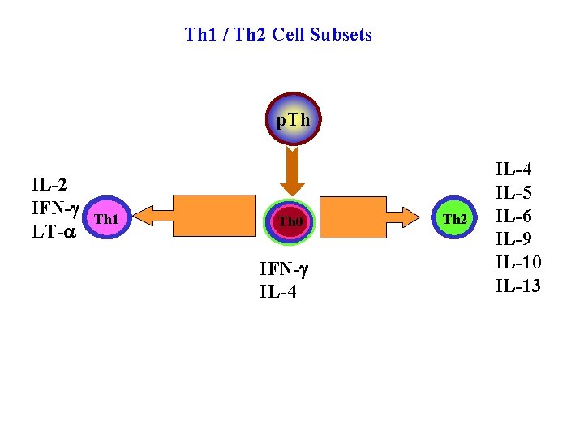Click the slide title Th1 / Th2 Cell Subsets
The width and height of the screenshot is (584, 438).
pyautogui.click(x=278, y=35)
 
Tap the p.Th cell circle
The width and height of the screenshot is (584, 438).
pyautogui.click(x=293, y=120)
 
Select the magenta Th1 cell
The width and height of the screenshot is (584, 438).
pyautogui.click(x=107, y=219)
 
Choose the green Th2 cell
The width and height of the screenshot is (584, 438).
pyautogui.click(x=455, y=219)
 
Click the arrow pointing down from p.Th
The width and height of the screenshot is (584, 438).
pyautogui.click(x=294, y=170)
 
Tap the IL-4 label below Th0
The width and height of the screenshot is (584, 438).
pyautogui.click(x=278, y=292)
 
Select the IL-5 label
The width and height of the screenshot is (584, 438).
pyautogui.click(x=514, y=193)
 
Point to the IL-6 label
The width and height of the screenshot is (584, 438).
pyautogui.click(x=514, y=217)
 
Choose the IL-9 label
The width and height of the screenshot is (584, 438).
pyautogui.click(x=514, y=239)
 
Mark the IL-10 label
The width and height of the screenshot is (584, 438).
pyautogui.click(x=518, y=263)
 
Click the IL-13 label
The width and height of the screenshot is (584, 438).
pyautogui.click(x=518, y=286)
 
